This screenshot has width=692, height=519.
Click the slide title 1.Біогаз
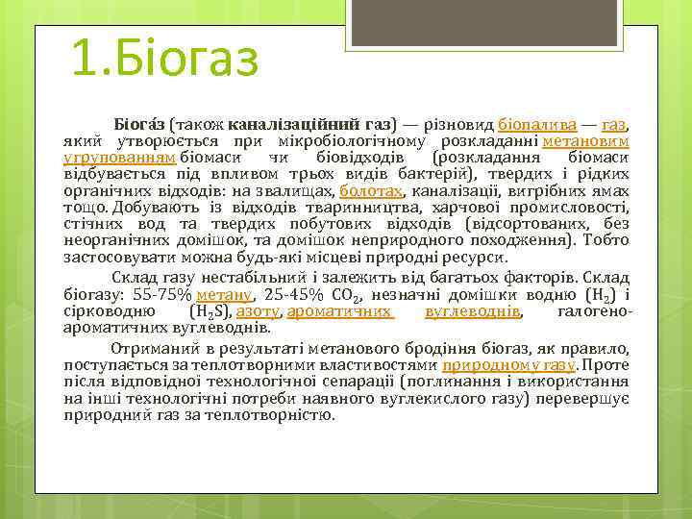pyautogui.click(x=165, y=59)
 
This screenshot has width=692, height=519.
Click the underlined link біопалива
pyautogui.click(x=538, y=125)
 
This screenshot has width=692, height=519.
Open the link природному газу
pyautogui.click(x=508, y=365)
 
